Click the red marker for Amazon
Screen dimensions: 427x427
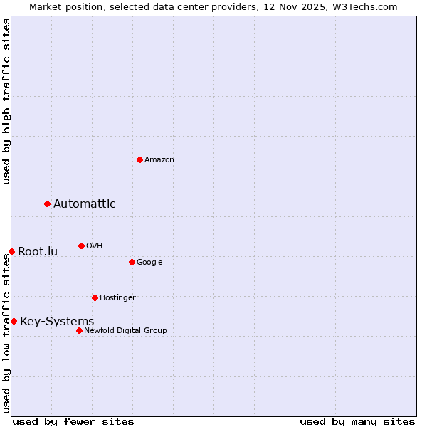point(139,159)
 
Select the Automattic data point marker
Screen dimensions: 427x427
point(48,204)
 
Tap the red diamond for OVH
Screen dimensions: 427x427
point(81,246)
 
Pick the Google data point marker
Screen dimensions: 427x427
point(132,262)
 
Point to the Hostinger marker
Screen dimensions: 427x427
point(95,297)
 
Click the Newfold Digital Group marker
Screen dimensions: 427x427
point(79,330)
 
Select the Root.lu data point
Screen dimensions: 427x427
point(11,251)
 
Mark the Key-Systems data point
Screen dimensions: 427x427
point(14,321)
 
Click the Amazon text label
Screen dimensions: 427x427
point(159,159)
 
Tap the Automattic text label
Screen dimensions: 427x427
point(84,204)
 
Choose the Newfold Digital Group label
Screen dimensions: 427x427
point(125,330)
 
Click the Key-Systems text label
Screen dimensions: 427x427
point(57,321)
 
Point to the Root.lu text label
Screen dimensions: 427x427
point(38,251)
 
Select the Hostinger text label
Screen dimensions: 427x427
point(117,297)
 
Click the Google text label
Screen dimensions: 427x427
point(149,262)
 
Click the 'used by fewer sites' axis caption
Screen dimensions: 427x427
point(73,421)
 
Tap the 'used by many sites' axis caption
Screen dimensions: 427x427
point(357,421)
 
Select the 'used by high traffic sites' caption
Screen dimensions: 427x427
point(6,101)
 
